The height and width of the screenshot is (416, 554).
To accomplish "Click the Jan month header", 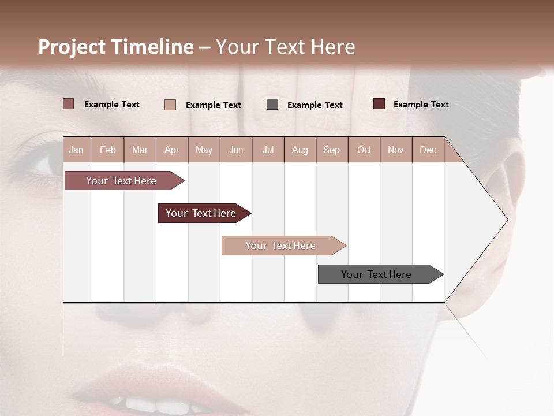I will (76, 150).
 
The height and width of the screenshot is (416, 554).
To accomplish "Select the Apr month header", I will (171, 150).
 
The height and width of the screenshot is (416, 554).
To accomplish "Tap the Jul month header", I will (268, 150).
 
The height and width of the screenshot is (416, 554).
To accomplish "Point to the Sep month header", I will (331, 150).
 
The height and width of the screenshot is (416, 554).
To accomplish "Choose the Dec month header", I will (428, 150).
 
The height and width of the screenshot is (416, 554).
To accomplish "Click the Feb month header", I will (108, 150).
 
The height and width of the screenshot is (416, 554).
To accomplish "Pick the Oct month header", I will (364, 150).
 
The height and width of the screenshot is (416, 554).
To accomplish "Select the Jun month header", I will (236, 150).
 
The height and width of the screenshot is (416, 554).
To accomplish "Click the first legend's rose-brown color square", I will (68, 104).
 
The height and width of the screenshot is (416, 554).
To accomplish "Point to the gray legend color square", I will (272, 105).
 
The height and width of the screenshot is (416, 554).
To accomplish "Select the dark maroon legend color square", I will (379, 104).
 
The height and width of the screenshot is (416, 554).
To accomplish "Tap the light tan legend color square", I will (170, 105).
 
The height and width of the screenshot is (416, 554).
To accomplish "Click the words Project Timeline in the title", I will (116, 47).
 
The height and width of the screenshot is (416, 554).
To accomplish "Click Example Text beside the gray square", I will (315, 105).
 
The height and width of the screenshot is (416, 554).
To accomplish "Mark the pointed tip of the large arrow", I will (506, 220).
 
